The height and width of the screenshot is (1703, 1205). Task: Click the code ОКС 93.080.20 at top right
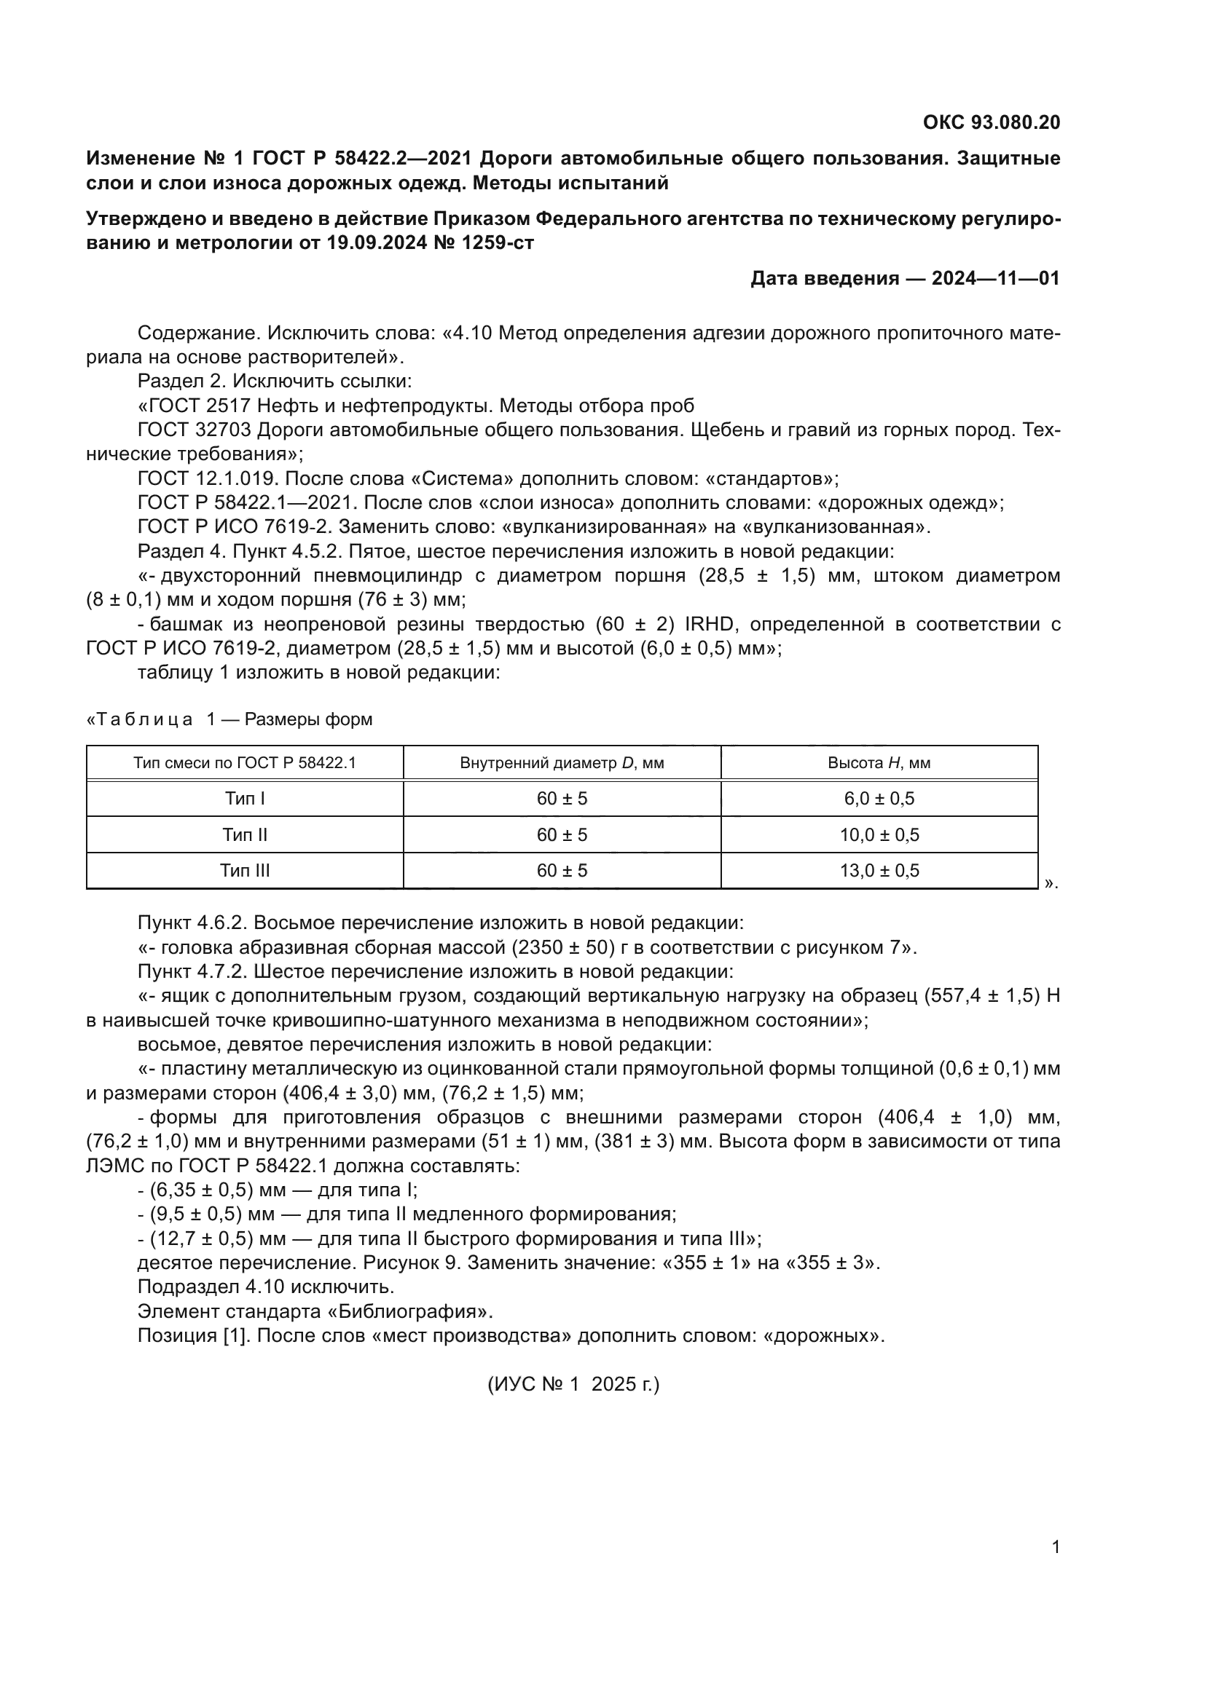[992, 122]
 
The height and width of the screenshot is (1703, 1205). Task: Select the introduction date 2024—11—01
[996, 278]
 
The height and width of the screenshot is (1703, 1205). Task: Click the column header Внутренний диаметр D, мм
[562, 763]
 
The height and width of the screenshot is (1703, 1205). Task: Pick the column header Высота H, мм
[879, 763]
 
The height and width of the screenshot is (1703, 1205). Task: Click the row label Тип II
[245, 835]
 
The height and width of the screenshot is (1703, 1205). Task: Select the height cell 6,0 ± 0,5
[879, 799]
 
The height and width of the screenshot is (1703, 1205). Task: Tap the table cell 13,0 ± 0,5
[879, 871]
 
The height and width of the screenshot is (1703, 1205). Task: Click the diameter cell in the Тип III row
[562, 871]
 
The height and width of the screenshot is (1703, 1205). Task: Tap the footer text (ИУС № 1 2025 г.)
[573, 1385]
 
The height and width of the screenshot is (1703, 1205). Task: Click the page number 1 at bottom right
[1056, 1547]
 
